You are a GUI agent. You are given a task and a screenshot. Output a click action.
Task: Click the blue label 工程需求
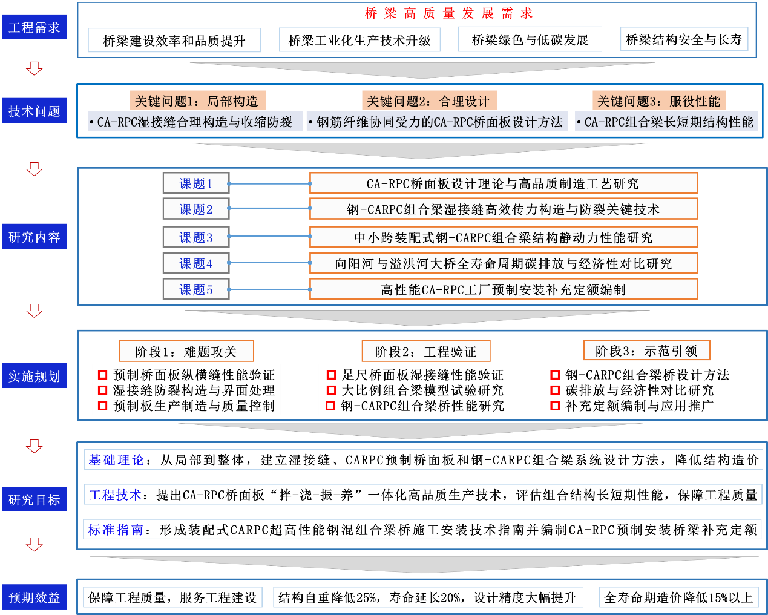[34, 27]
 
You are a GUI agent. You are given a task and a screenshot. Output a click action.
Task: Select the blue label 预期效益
[34, 597]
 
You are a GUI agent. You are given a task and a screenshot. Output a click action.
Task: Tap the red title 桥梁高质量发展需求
[448, 13]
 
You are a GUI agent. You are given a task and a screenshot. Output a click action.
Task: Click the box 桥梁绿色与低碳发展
[530, 39]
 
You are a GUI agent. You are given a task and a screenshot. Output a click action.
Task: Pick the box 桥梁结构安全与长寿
[684, 39]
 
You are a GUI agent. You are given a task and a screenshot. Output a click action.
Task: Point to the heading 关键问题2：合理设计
[429, 100]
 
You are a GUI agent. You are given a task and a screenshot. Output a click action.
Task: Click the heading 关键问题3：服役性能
[659, 100]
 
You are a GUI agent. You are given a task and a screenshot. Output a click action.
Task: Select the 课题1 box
[196, 183]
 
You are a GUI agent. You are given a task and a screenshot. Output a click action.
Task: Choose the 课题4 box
[196, 263]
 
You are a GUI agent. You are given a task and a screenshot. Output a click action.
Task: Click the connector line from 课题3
[269, 236]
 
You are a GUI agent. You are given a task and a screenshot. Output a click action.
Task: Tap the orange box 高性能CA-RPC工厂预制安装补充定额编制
[503, 289]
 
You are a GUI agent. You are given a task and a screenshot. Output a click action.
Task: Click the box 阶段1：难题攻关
[186, 351]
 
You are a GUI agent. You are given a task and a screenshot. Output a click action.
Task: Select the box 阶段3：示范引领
[646, 350]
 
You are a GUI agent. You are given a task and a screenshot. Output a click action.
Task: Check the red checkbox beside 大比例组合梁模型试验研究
[331, 390]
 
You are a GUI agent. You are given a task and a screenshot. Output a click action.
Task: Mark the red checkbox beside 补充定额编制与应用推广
[555, 406]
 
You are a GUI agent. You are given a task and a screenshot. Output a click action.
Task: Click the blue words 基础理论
[116, 459]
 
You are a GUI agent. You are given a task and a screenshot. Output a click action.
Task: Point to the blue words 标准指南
[116, 530]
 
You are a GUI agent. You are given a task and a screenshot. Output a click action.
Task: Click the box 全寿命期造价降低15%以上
[679, 597]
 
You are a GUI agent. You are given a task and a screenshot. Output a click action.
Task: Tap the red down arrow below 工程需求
[34, 68]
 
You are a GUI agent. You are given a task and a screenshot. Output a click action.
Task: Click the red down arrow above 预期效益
[34, 545]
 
